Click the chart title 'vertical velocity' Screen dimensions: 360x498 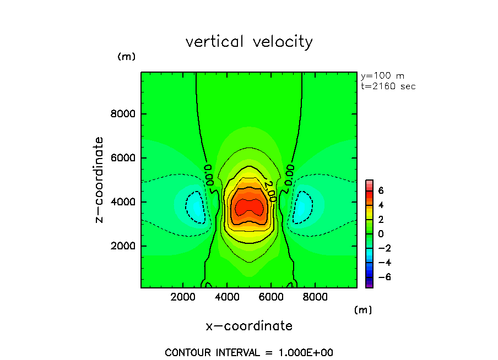(x=249, y=42)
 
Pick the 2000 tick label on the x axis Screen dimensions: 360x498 (x=183, y=297)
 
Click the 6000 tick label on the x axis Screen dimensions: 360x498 (x=270, y=297)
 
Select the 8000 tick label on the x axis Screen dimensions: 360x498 (x=314, y=297)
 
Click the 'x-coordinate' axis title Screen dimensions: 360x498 (x=249, y=326)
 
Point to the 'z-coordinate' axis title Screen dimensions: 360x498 (x=99, y=180)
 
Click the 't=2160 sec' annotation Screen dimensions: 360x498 (x=388, y=86)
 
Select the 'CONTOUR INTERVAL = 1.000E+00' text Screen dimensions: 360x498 (x=249, y=352)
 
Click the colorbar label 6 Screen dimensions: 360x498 (x=381, y=191)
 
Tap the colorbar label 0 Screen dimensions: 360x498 (x=381, y=234)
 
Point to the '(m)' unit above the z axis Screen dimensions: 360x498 (x=126, y=57)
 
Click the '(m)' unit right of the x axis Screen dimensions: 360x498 (x=362, y=310)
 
